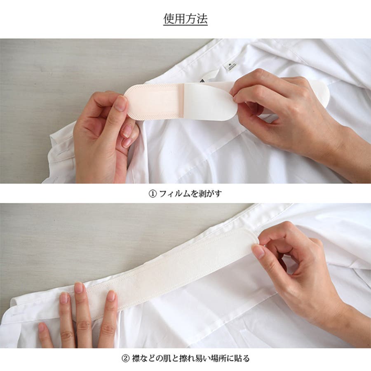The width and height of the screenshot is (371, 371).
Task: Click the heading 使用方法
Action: pyautogui.click(x=185, y=19)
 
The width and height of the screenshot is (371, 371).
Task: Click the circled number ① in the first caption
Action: pyautogui.click(x=153, y=194)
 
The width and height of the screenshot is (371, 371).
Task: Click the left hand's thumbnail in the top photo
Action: pyautogui.click(x=121, y=103)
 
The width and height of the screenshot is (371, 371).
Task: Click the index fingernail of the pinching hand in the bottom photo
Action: pyautogui.click(x=258, y=252)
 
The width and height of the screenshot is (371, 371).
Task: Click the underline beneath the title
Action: pyautogui.click(x=185, y=25)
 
